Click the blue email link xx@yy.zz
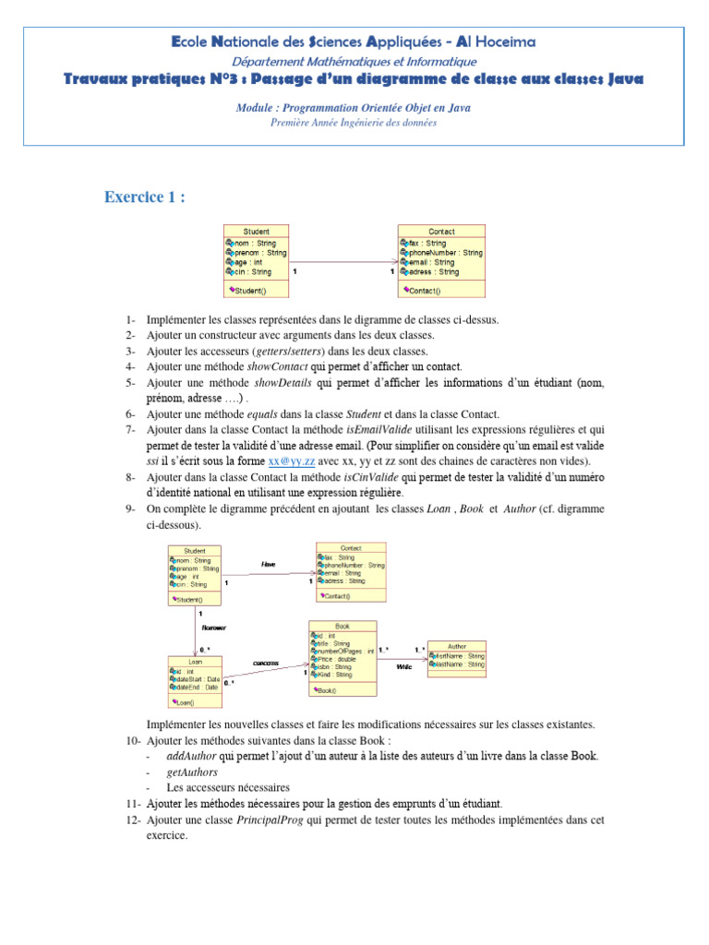coord(291,461)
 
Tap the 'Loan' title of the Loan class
coord(195,662)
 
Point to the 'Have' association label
coord(268,564)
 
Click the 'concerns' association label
coord(266,663)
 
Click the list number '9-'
coord(130,508)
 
